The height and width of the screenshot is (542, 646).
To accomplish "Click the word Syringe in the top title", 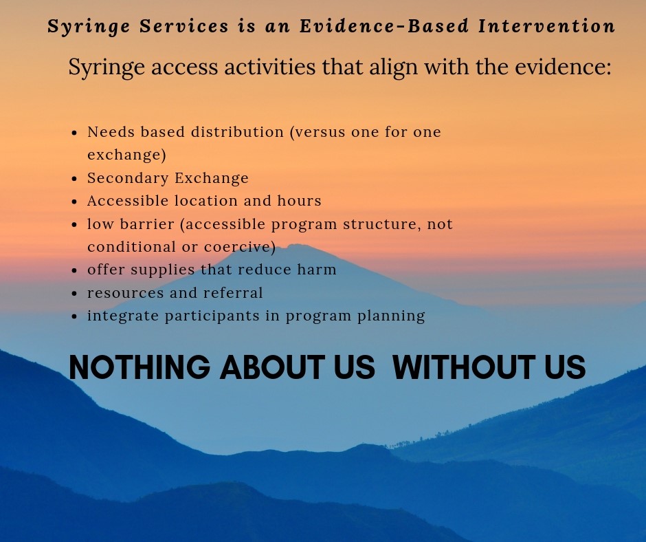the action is pos(89,27).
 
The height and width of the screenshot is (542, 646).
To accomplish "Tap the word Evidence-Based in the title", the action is pos(384,25).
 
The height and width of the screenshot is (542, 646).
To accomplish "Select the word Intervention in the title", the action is pos(547,25).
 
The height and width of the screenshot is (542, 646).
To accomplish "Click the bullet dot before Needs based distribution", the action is pos(74,133).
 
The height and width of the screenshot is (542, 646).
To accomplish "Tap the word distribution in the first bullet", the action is pos(237,132).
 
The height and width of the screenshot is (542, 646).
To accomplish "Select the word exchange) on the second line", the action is pos(127,155).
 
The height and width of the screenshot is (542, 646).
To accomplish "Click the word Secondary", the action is pos(128,178).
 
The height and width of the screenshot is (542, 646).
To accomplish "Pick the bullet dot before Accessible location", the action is pos(74,202).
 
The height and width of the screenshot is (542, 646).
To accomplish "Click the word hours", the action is pos(299,201).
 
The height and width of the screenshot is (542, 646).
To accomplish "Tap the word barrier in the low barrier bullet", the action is pos(147,224).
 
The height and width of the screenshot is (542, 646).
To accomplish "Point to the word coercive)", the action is pos(240,247).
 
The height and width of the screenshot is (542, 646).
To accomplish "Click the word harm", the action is pos(317,270).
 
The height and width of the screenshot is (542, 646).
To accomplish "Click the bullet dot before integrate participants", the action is pos(74,317).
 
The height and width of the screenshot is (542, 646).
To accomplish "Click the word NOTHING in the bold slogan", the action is pos(140,367).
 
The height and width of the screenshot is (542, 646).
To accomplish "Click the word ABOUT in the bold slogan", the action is pos(272,367).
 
